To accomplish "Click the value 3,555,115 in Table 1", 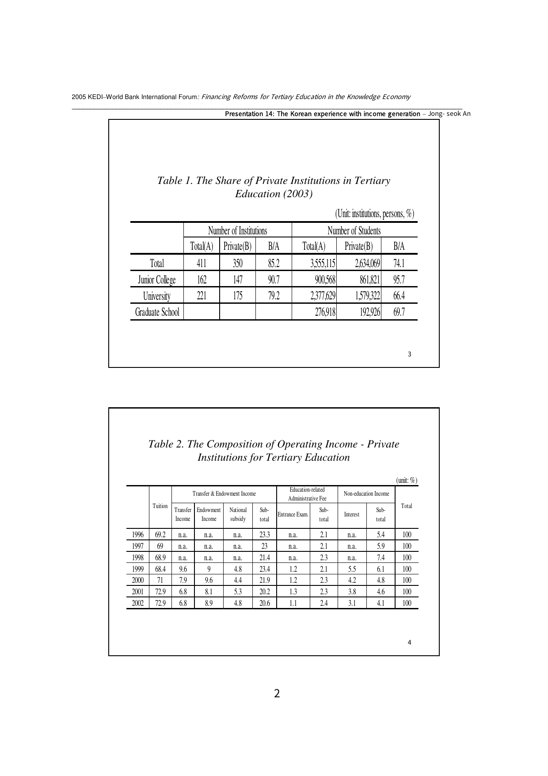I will [323, 264].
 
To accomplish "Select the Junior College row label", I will [157, 280].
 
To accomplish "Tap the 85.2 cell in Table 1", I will [274, 264].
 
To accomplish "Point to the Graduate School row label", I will [157, 312].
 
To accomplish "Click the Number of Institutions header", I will [237, 231].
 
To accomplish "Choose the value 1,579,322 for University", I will [367, 296].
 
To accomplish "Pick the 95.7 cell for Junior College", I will [399, 280].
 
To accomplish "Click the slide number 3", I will [409, 354].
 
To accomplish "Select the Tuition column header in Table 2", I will [160, 506].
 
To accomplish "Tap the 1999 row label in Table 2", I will [137, 569].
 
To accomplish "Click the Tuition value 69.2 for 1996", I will [160, 535].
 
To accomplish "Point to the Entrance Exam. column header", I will [293, 515].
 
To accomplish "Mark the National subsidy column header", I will [238, 514].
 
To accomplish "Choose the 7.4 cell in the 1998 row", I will [381, 558].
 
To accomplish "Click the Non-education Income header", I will [366, 493].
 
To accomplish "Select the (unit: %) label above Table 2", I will [407, 480].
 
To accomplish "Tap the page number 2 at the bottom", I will [277, 693].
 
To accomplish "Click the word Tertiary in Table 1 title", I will [372, 180].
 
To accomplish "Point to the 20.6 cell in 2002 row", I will [264, 603].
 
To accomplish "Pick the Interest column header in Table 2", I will [351, 515].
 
